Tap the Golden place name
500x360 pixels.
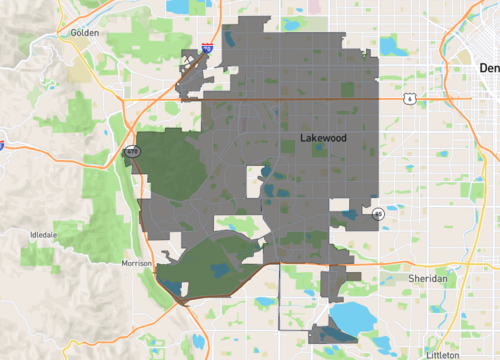[x=87, y=33]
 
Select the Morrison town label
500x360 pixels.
[x=135, y=263]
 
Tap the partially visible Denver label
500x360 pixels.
[x=488, y=68]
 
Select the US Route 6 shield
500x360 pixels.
[x=409, y=98]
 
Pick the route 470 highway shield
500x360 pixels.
[x=131, y=151]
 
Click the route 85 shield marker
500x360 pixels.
[x=378, y=214]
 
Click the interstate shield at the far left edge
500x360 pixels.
[x=3, y=144]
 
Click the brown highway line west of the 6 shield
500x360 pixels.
[x=300, y=98]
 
